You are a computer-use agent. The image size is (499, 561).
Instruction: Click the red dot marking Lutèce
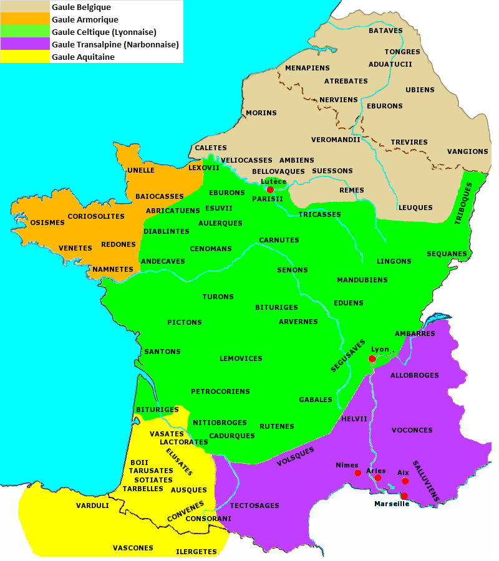coord(270,189)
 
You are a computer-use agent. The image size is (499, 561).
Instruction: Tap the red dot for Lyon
coord(372,359)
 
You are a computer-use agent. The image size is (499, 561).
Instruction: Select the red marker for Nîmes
coord(358,473)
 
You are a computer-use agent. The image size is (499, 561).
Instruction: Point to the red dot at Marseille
coord(404,496)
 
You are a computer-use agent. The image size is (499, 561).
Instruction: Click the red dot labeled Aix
coord(405,481)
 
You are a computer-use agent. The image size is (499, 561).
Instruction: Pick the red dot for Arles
coord(378,477)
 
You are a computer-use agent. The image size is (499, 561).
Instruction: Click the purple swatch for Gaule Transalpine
coord(25,44)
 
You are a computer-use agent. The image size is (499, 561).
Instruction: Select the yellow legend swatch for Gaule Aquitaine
coord(25,57)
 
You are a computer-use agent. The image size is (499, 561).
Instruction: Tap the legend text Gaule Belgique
coord(81,7)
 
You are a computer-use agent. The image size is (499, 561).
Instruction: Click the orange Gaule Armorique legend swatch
coord(25,19)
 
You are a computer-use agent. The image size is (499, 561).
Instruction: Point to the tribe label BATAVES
coord(385,31)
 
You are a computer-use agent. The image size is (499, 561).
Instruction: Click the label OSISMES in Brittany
coord(47,223)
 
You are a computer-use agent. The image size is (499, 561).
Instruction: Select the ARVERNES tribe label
coord(298,322)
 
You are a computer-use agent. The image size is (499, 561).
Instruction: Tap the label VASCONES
coord(133,548)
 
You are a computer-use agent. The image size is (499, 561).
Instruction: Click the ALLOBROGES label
coord(414,375)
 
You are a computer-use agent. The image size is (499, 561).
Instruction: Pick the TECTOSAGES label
coord(254,506)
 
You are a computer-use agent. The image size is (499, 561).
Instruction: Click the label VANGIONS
coord(467,151)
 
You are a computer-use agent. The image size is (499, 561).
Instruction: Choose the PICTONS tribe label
coord(185,322)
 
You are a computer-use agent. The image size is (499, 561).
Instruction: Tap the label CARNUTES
coord(279,240)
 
